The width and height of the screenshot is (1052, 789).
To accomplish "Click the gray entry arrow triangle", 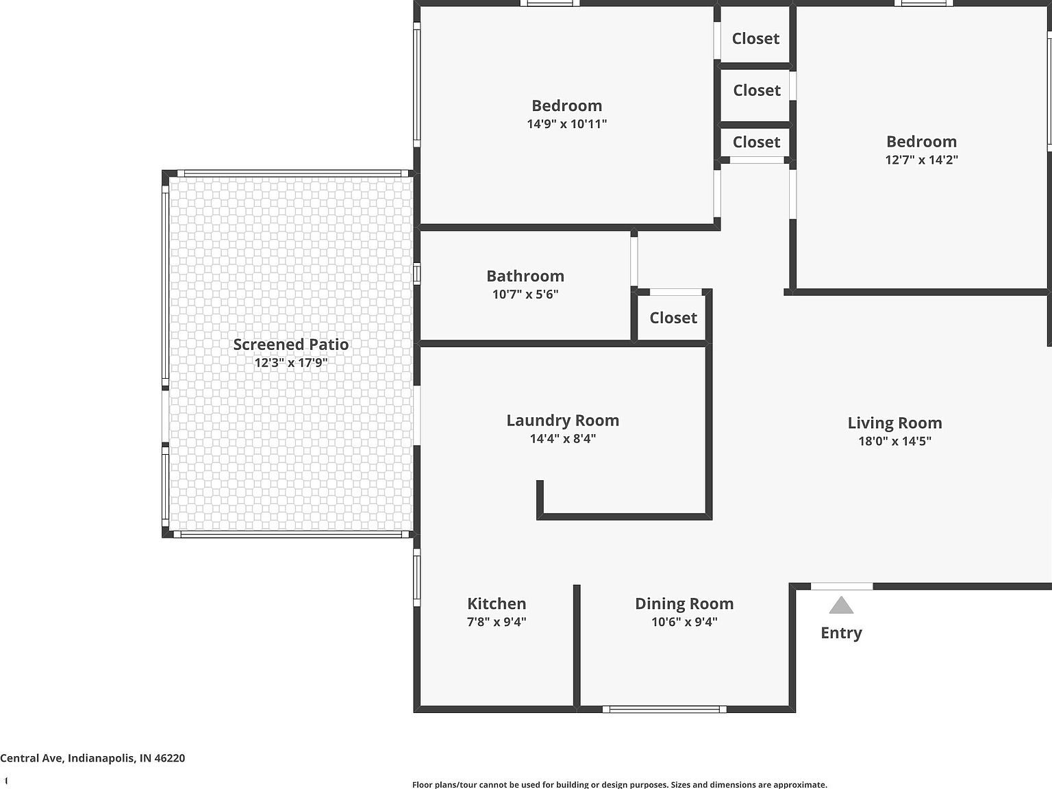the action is coord(841,605).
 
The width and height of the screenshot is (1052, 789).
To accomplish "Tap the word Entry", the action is coord(841,634).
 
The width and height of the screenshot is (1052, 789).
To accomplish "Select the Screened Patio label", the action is coord(291,345).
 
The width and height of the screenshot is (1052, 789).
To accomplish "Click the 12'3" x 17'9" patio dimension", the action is coord(291,362).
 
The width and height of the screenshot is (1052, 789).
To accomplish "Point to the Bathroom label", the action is coord(525,276).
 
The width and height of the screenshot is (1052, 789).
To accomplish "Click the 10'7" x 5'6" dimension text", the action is coord(525,294).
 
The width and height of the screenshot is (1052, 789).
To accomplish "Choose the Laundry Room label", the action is coord(563,420).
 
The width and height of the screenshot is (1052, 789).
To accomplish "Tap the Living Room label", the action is coord(894,423).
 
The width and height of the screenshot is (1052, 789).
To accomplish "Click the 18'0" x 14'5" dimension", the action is coord(894,440).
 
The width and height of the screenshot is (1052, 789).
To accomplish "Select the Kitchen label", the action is coord(497,603).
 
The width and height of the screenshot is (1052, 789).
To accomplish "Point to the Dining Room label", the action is coord(684,603).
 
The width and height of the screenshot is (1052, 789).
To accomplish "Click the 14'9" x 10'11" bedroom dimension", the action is coord(567,123).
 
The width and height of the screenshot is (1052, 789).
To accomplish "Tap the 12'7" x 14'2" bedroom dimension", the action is coord(921,160).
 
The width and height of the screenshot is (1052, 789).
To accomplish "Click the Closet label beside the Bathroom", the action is coord(673,318).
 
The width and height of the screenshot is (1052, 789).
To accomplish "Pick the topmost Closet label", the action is coord(755,38).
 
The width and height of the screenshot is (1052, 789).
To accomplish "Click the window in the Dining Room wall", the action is coord(664,710).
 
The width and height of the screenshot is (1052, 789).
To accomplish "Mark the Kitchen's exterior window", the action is coord(417,578).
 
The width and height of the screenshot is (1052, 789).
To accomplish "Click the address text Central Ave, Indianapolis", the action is coord(92,758).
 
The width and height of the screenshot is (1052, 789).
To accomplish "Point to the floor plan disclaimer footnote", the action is coord(620,784).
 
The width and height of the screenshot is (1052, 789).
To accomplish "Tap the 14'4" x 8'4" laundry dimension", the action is coord(563,438).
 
